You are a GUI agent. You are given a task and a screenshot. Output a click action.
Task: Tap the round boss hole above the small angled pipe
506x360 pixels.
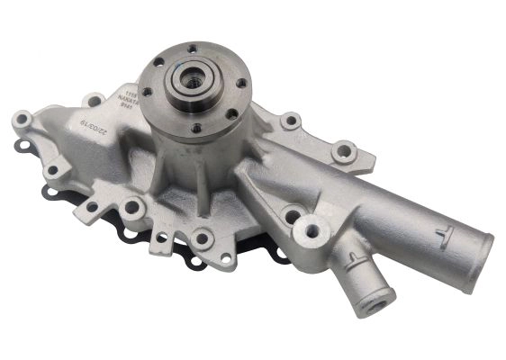pyautogui.click(x=312, y=229)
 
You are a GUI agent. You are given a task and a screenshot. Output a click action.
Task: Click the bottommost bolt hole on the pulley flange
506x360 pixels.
pyautogui.click(x=197, y=127)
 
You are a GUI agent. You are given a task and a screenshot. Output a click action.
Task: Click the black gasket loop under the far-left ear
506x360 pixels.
pyautogui.click(x=20, y=144)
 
